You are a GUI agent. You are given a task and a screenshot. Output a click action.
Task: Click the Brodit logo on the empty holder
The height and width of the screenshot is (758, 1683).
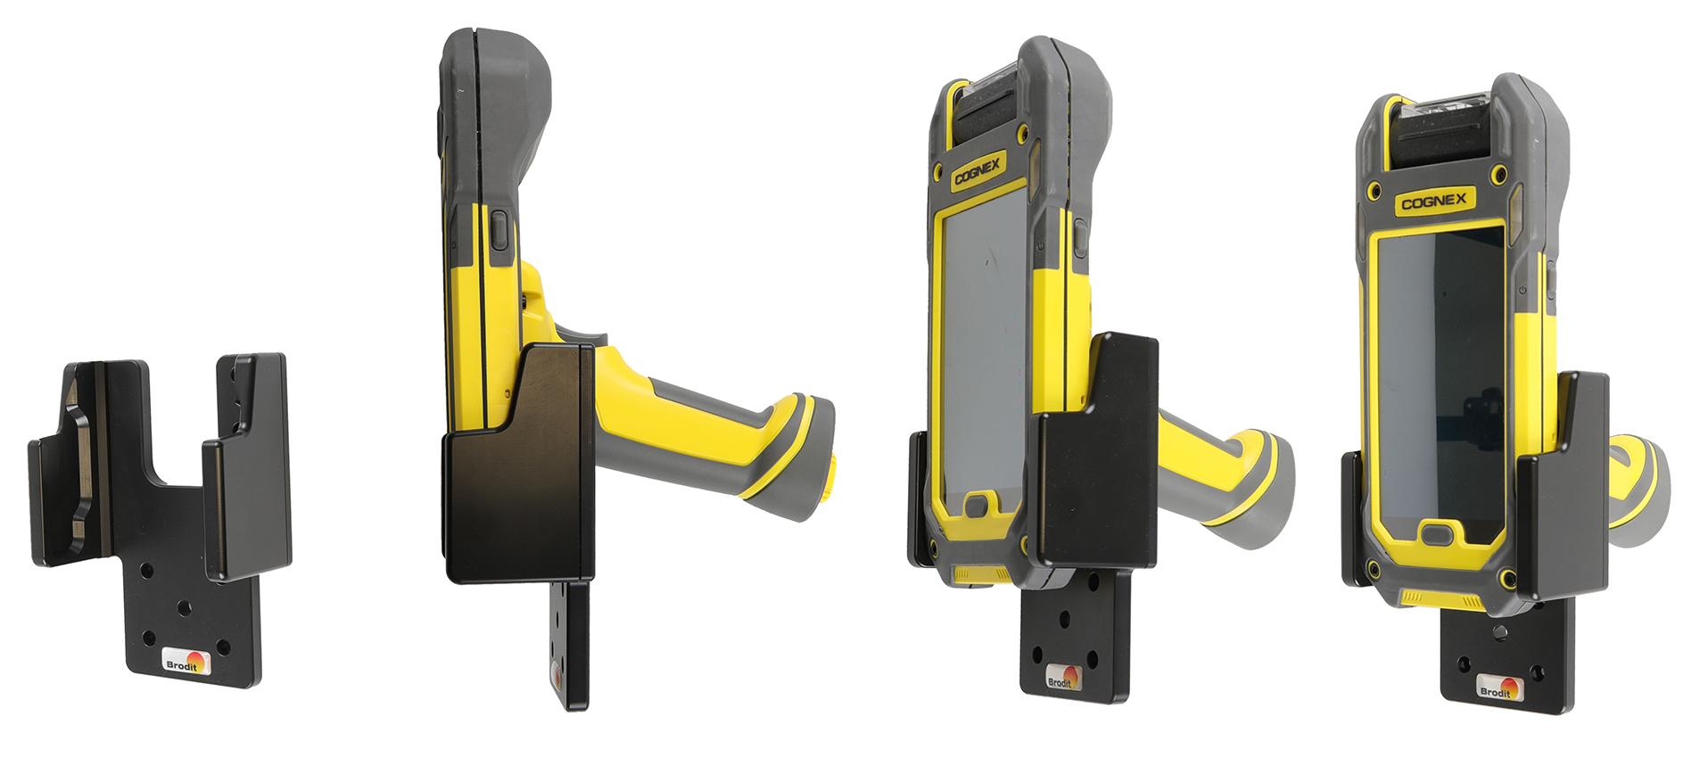(x=186, y=663)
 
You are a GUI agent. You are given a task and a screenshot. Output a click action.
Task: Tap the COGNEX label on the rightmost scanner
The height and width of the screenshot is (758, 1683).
(x=1433, y=202)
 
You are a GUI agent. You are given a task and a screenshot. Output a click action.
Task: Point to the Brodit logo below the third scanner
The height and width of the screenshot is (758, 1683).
(x=1062, y=679)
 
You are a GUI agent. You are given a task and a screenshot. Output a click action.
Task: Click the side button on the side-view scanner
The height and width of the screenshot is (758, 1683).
(x=499, y=230)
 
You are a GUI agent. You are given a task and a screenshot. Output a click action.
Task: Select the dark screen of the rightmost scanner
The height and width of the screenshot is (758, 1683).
(x=1440, y=383)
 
